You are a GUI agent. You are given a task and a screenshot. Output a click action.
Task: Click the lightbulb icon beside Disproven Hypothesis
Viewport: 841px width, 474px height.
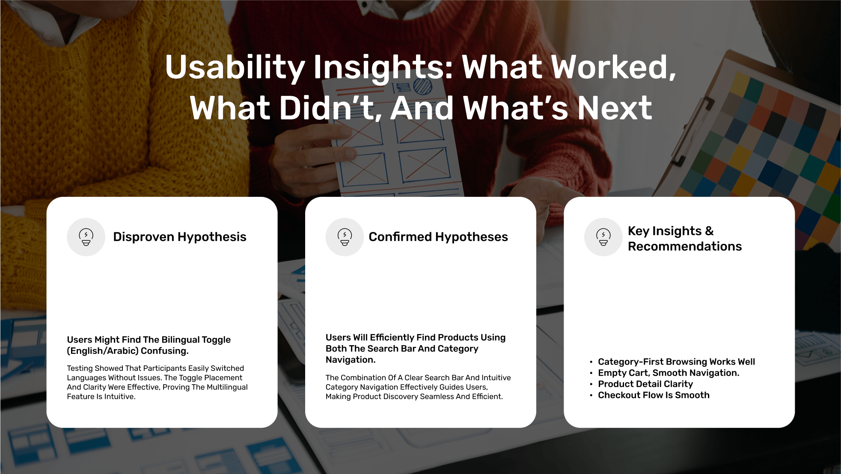coord(86,237)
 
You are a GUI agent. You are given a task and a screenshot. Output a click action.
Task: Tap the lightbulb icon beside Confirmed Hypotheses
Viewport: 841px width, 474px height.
coord(345,237)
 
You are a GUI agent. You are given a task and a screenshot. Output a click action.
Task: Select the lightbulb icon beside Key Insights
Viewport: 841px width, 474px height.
coord(603,237)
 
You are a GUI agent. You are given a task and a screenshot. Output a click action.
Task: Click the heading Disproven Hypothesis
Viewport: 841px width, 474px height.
coord(180,237)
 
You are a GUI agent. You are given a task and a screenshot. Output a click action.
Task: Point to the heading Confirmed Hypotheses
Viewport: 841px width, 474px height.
coord(438,237)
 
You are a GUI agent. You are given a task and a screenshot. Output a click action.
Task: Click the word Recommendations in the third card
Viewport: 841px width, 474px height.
coord(685,246)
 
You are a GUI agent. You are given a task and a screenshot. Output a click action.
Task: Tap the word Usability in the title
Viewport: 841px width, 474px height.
coord(235,68)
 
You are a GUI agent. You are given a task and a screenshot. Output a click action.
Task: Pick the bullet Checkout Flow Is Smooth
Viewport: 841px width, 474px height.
coord(654,395)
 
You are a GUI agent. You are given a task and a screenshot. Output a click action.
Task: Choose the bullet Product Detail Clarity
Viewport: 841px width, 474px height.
coord(645,384)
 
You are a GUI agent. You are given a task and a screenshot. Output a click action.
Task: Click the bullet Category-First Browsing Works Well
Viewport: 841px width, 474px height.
coord(676,362)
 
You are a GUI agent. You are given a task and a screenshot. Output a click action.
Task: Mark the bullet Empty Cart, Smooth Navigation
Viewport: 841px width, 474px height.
coord(669,373)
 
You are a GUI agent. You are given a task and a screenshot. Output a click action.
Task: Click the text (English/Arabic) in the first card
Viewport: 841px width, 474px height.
coord(103,351)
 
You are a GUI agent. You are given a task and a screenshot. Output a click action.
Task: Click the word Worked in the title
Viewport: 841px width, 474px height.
coord(614,68)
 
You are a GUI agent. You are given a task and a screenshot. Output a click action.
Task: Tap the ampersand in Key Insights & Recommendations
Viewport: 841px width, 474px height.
coord(709,231)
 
